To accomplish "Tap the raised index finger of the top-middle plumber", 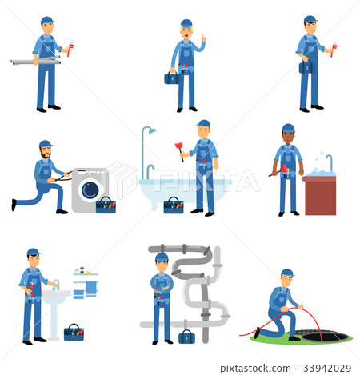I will pos(202,37).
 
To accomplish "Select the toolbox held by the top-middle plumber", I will pos(171,78).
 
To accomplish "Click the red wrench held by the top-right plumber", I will pos(334,50).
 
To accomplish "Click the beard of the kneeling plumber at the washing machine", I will pos(46,154).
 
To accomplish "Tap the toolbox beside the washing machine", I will pos(106,205).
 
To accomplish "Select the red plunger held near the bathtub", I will pos(180,151).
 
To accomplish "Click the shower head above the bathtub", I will pos(150,130).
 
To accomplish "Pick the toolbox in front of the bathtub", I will pos(173,205).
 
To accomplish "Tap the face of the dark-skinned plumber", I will pos(288,136).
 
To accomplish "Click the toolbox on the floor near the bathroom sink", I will pos(74,332).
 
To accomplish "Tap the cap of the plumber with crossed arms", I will pos(162,257).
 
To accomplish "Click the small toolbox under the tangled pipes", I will pos(186,337).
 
